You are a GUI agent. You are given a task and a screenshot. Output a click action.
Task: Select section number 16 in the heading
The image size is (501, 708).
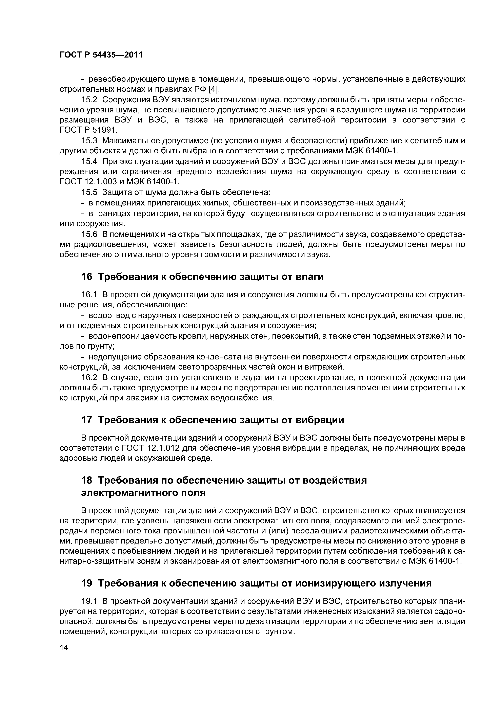[x=86, y=277]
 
